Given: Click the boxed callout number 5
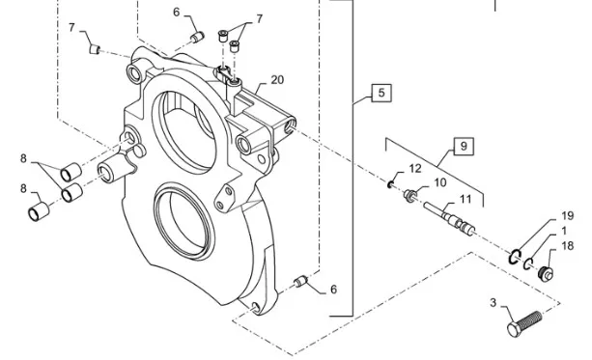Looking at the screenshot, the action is [381, 93].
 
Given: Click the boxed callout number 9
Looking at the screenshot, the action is [464, 146].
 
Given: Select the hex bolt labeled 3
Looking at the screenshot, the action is [524, 323].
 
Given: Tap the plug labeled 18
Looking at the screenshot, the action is [546, 273].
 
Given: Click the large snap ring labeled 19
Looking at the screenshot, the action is [514, 257].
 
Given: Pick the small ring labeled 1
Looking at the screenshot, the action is [528, 263].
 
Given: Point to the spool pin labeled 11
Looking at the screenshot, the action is [449, 218].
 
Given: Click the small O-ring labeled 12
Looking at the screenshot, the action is [390, 184].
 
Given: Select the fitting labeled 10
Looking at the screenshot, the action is [409, 196].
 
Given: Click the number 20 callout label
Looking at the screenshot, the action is [277, 79].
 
